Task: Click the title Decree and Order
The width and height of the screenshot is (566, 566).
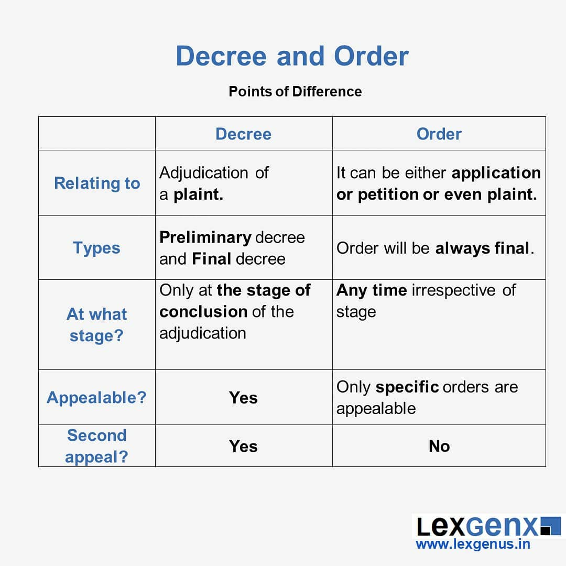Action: coord(292,56)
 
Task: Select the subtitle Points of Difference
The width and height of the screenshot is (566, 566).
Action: coord(295,91)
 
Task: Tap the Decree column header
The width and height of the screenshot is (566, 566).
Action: coord(243,134)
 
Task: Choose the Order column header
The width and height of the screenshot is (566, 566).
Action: coord(439,134)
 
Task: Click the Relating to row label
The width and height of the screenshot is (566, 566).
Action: coord(97,183)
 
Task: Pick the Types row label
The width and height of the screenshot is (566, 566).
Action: coord(96,247)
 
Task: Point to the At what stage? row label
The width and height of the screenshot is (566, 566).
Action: coord(96,324)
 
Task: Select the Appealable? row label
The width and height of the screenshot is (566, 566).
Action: coord(96,397)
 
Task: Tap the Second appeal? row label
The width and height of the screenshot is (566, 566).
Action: coord(96,445)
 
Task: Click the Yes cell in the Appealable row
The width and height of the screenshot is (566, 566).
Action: coord(243,398)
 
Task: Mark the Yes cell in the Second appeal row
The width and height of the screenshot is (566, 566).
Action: coord(243,446)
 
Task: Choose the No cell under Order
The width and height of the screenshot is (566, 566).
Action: coord(439,446)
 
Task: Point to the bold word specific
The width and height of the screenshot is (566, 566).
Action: coord(407,387)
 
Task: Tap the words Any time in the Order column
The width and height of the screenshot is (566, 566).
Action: coord(371,290)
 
